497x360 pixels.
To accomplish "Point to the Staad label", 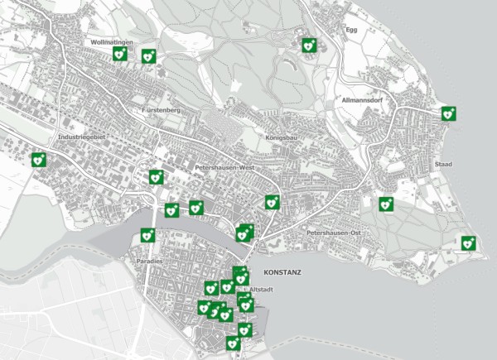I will pos(443,165).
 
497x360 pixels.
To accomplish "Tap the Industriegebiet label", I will pos(80,137).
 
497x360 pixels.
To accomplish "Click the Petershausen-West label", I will pos(223,166).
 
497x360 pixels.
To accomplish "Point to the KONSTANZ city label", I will pos(282,271).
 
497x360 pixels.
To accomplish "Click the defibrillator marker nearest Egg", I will pos(309,46).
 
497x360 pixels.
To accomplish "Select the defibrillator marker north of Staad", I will pos(448,113).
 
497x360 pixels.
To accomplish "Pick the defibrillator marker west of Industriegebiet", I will pos(38,160).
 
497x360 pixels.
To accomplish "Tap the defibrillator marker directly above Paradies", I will pos(147,235).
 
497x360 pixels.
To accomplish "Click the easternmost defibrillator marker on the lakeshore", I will pos(468,242).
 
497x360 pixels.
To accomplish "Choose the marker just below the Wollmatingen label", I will pos(118,53).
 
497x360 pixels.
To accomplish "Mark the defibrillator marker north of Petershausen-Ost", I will pos(271,202).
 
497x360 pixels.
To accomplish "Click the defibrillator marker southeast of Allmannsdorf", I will pos(385,204).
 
